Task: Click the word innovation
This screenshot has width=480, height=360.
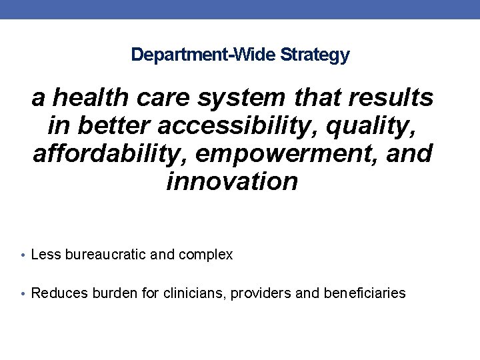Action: click(232, 181)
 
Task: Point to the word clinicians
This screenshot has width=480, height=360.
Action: click(195, 293)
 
